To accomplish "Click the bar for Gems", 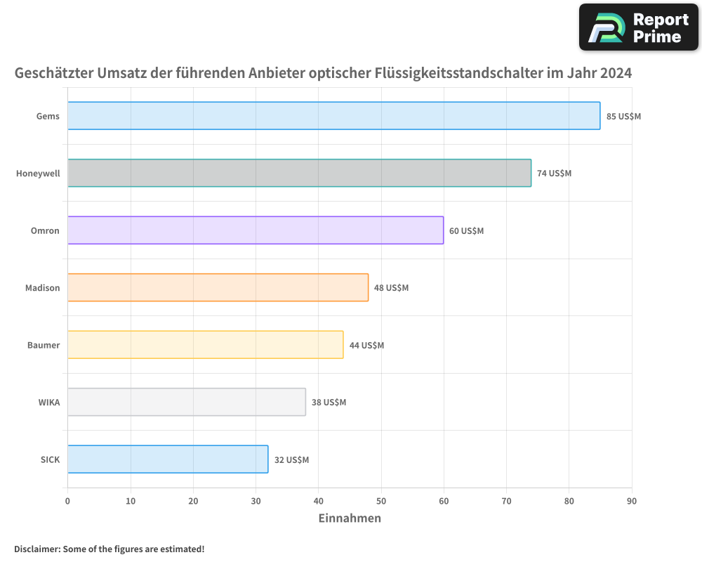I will tap(334, 116).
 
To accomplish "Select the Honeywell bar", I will tap(300, 173).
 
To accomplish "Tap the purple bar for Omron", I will tap(256, 230).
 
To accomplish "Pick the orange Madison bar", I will tap(218, 287).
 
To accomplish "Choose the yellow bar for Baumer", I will tap(206, 345).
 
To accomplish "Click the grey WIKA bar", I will tap(187, 402).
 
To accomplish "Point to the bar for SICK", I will tap(168, 459).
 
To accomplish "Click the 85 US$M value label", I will tap(623, 116).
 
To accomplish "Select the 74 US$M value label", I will tap(554, 173).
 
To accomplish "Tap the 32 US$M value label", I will tap(291, 459).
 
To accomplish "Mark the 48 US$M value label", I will tap(391, 287).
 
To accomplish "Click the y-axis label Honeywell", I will tap(38, 173).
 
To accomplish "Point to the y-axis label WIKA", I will tap(49, 402).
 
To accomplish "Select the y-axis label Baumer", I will tap(44, 345).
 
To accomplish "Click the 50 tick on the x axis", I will tap(381, 501).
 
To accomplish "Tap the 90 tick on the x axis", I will tap(632, 501).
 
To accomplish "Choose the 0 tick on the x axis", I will tap(67, 501).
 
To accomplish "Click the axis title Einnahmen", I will tap(350, 518).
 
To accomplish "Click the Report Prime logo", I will tap(639, 27).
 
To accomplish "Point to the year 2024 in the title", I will tap(615, 73).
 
